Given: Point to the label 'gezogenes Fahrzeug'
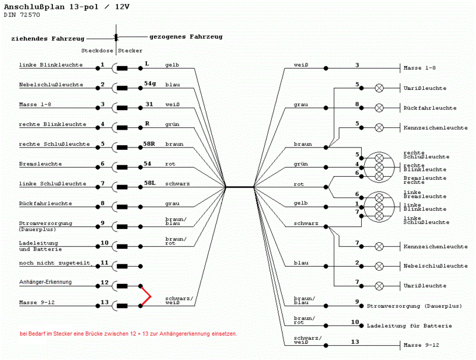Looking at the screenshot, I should click(x=186, y=36).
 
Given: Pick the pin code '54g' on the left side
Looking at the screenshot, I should click(x=150, y=84).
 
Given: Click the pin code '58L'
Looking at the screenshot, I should click(x=150, y=183).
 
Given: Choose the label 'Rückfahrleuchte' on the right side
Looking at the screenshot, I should click(x=430, y=108).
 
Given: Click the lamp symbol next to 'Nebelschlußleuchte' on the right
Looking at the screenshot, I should click(x=379, y=265).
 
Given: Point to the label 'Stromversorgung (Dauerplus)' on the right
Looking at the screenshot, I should click(x=414, y=306).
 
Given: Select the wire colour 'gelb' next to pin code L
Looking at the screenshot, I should click(x=172, y=64).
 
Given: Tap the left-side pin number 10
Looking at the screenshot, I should click(x=104, y=243).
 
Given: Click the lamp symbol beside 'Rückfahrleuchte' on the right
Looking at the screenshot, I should click(x=379, y=108).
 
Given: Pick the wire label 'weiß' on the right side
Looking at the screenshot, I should click(x=300, y=64).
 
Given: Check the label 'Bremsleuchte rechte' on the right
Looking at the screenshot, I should click(x=425, y=180).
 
